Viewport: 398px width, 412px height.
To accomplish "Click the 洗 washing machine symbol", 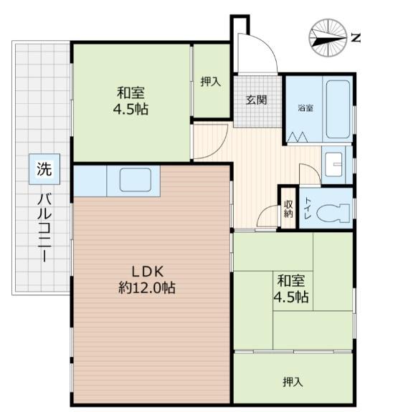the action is point(44,169).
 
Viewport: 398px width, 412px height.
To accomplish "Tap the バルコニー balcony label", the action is point(44,228).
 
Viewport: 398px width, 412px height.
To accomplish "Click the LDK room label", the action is point(148,272).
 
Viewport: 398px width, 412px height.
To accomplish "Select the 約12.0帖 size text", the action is point(147,288).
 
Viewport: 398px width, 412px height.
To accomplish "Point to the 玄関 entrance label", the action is point(256,100).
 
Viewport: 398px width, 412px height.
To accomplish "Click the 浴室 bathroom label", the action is point(305,107).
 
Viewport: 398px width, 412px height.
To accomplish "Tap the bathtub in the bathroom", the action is point(338,109).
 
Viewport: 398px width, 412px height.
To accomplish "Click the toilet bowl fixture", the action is point(333,212).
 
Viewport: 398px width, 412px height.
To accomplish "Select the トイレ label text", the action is point(308,208).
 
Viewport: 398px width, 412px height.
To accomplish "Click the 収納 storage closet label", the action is point(288,209).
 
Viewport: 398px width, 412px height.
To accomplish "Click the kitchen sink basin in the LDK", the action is point(136,180).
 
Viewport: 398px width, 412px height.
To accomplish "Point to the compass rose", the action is point(328,38).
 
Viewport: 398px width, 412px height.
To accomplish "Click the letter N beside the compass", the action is point(356,38).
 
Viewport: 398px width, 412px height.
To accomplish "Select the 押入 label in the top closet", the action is point(210,82).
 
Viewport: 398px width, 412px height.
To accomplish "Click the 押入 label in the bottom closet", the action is point(293,382).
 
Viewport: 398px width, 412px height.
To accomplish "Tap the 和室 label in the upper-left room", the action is point(131,92).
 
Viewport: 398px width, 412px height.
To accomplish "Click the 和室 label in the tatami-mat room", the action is point(291,281).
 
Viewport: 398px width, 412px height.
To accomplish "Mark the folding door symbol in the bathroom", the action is point(298,137).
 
